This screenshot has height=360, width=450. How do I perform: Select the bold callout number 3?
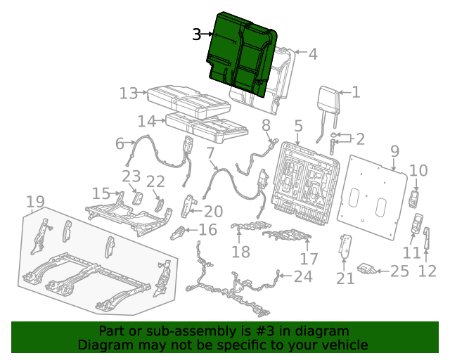pos(198,34)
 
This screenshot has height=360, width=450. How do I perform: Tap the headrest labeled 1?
pos(328,99)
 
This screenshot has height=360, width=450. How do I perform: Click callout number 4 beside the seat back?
pos(312,54)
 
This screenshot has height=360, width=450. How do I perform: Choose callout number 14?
pos(146,120)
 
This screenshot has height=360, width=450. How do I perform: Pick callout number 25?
pos(399,271)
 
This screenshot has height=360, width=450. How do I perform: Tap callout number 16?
pos(207,230)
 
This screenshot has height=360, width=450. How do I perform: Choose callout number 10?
pos(418,170)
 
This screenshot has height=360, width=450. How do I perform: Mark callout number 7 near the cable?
pos(210,153)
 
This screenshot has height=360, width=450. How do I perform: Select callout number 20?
pos(213,211)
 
